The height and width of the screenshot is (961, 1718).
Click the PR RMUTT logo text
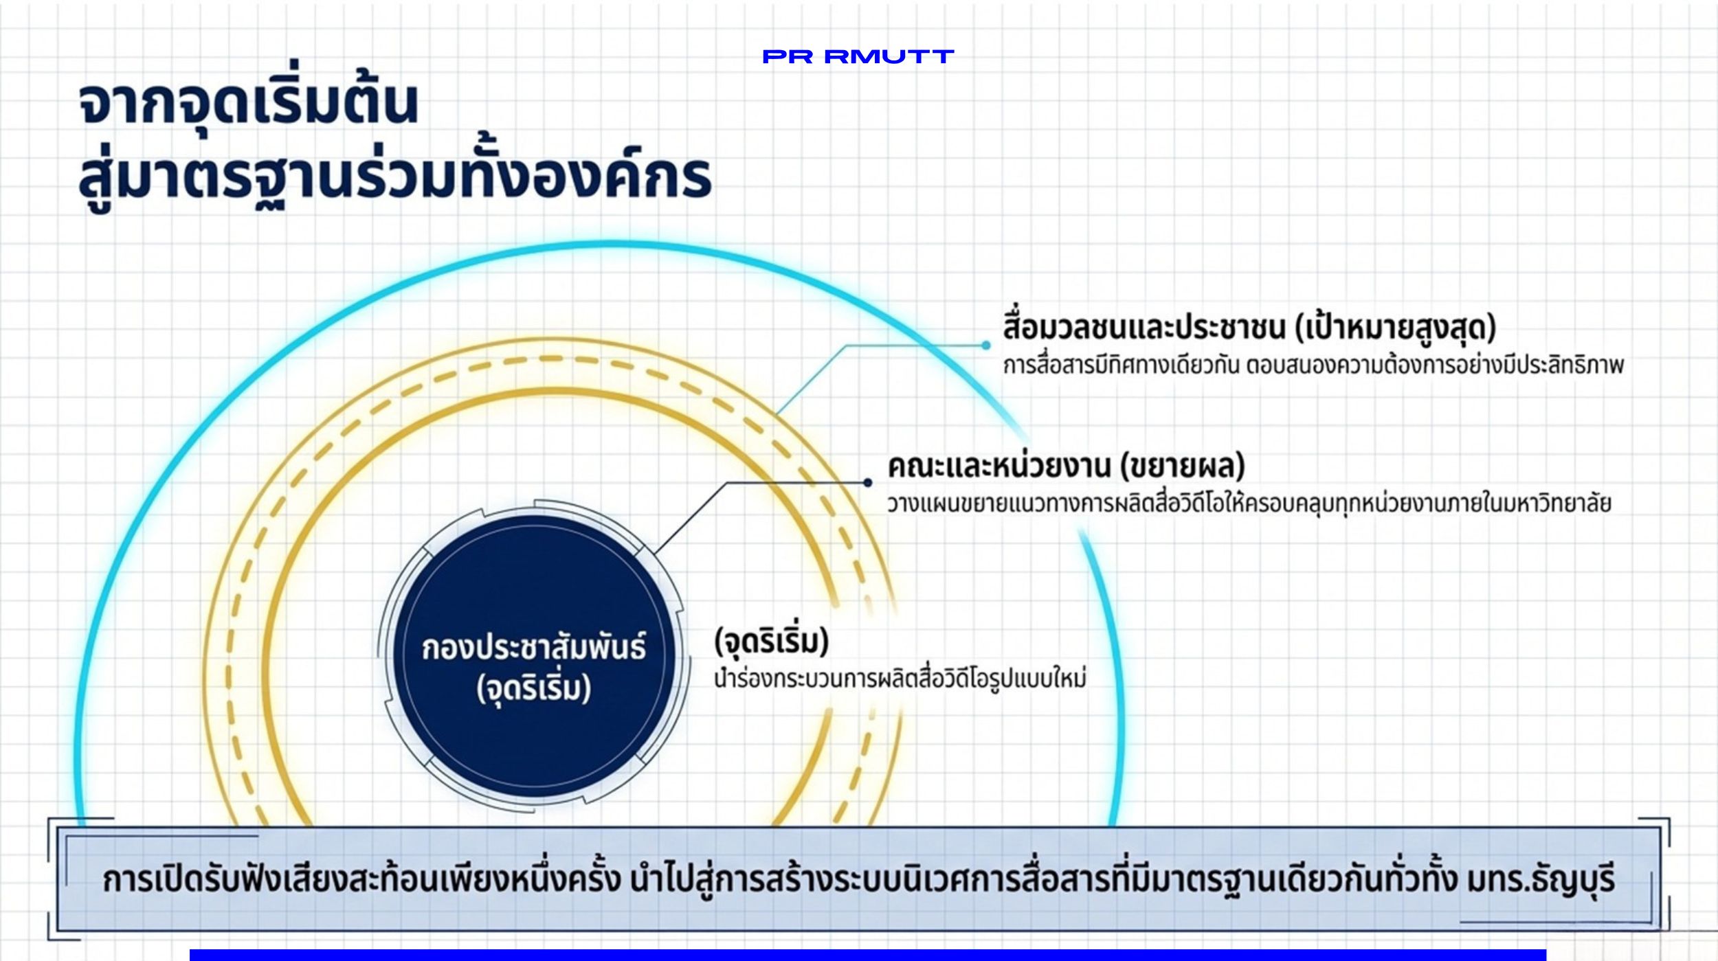coord(858,56)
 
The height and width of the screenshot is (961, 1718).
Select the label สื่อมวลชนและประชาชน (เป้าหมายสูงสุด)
coord(1249,328)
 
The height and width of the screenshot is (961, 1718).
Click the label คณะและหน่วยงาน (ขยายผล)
coord(1066,466)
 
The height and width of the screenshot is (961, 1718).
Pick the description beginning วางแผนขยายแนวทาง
coord(1249,503)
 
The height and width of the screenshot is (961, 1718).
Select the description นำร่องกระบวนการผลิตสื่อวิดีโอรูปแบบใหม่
coord(900,679)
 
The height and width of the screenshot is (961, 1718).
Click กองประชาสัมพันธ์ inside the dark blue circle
coord(534,648)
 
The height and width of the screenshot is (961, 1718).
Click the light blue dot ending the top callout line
coord(986,346)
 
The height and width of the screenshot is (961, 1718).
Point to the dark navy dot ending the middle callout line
coord(868,483)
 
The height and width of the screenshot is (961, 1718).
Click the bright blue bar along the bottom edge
coord(868,955)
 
